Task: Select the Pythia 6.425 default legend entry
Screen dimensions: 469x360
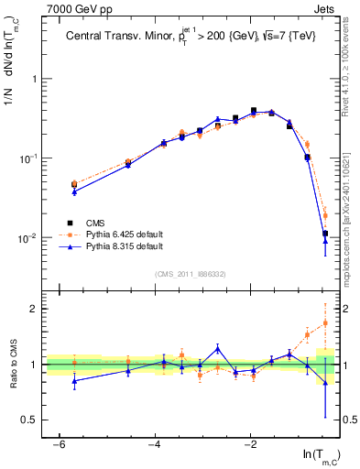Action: (111, 234)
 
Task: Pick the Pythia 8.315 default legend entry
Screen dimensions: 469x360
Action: (111, 246)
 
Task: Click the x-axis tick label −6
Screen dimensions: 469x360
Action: (59, 443)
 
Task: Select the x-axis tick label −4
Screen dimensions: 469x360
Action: (155, 443)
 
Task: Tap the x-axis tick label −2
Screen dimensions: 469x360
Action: (250, 443)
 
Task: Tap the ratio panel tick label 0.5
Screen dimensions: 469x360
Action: (31, 420)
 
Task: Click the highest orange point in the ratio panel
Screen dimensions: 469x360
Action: (325, 322)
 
